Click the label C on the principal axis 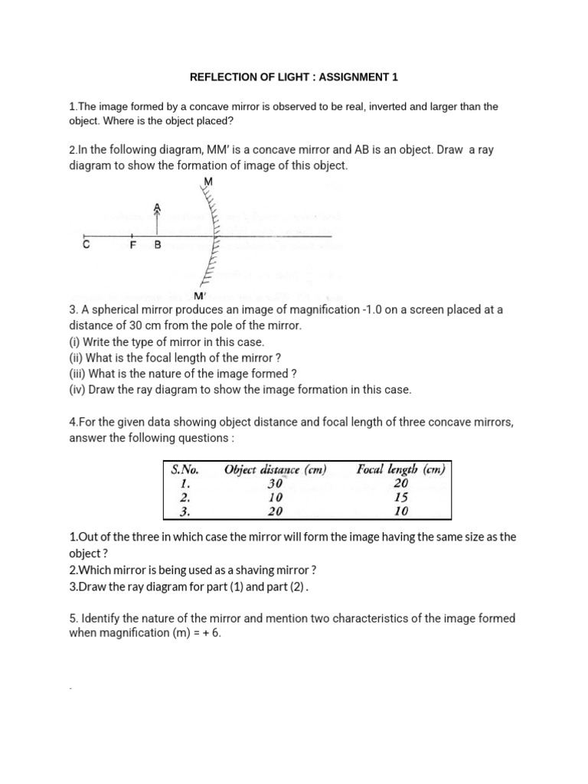pyautogui.click(x=86, y=246)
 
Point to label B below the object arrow pyautogui.click(x=158, y=246)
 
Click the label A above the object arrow pyautogui.click(x=158, y=207)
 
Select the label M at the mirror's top pyautogui.click(x=208, y=181)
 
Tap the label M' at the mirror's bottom pyautogui.click(x=201, y=296)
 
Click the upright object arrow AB pyautogui.click(x=158, y=224)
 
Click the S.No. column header pyautogui.click(x=185, y=470)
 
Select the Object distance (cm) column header pyautogui.click(x=275, y=470)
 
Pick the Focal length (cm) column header pyautogui.click(x=400, y=470)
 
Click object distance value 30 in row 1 pyautogui.click(x=275, y=484)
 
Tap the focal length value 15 pyautogui.click(x=400, y=498)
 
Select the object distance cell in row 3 pyautogui.click(x=275, y=511)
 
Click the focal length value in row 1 pyautogui.click(x=400, y=484)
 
